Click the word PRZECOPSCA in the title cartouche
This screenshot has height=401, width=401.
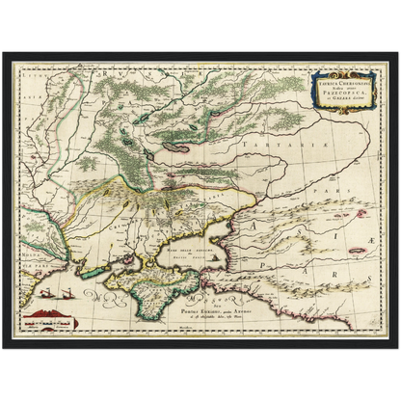click(x=334, y=90)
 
